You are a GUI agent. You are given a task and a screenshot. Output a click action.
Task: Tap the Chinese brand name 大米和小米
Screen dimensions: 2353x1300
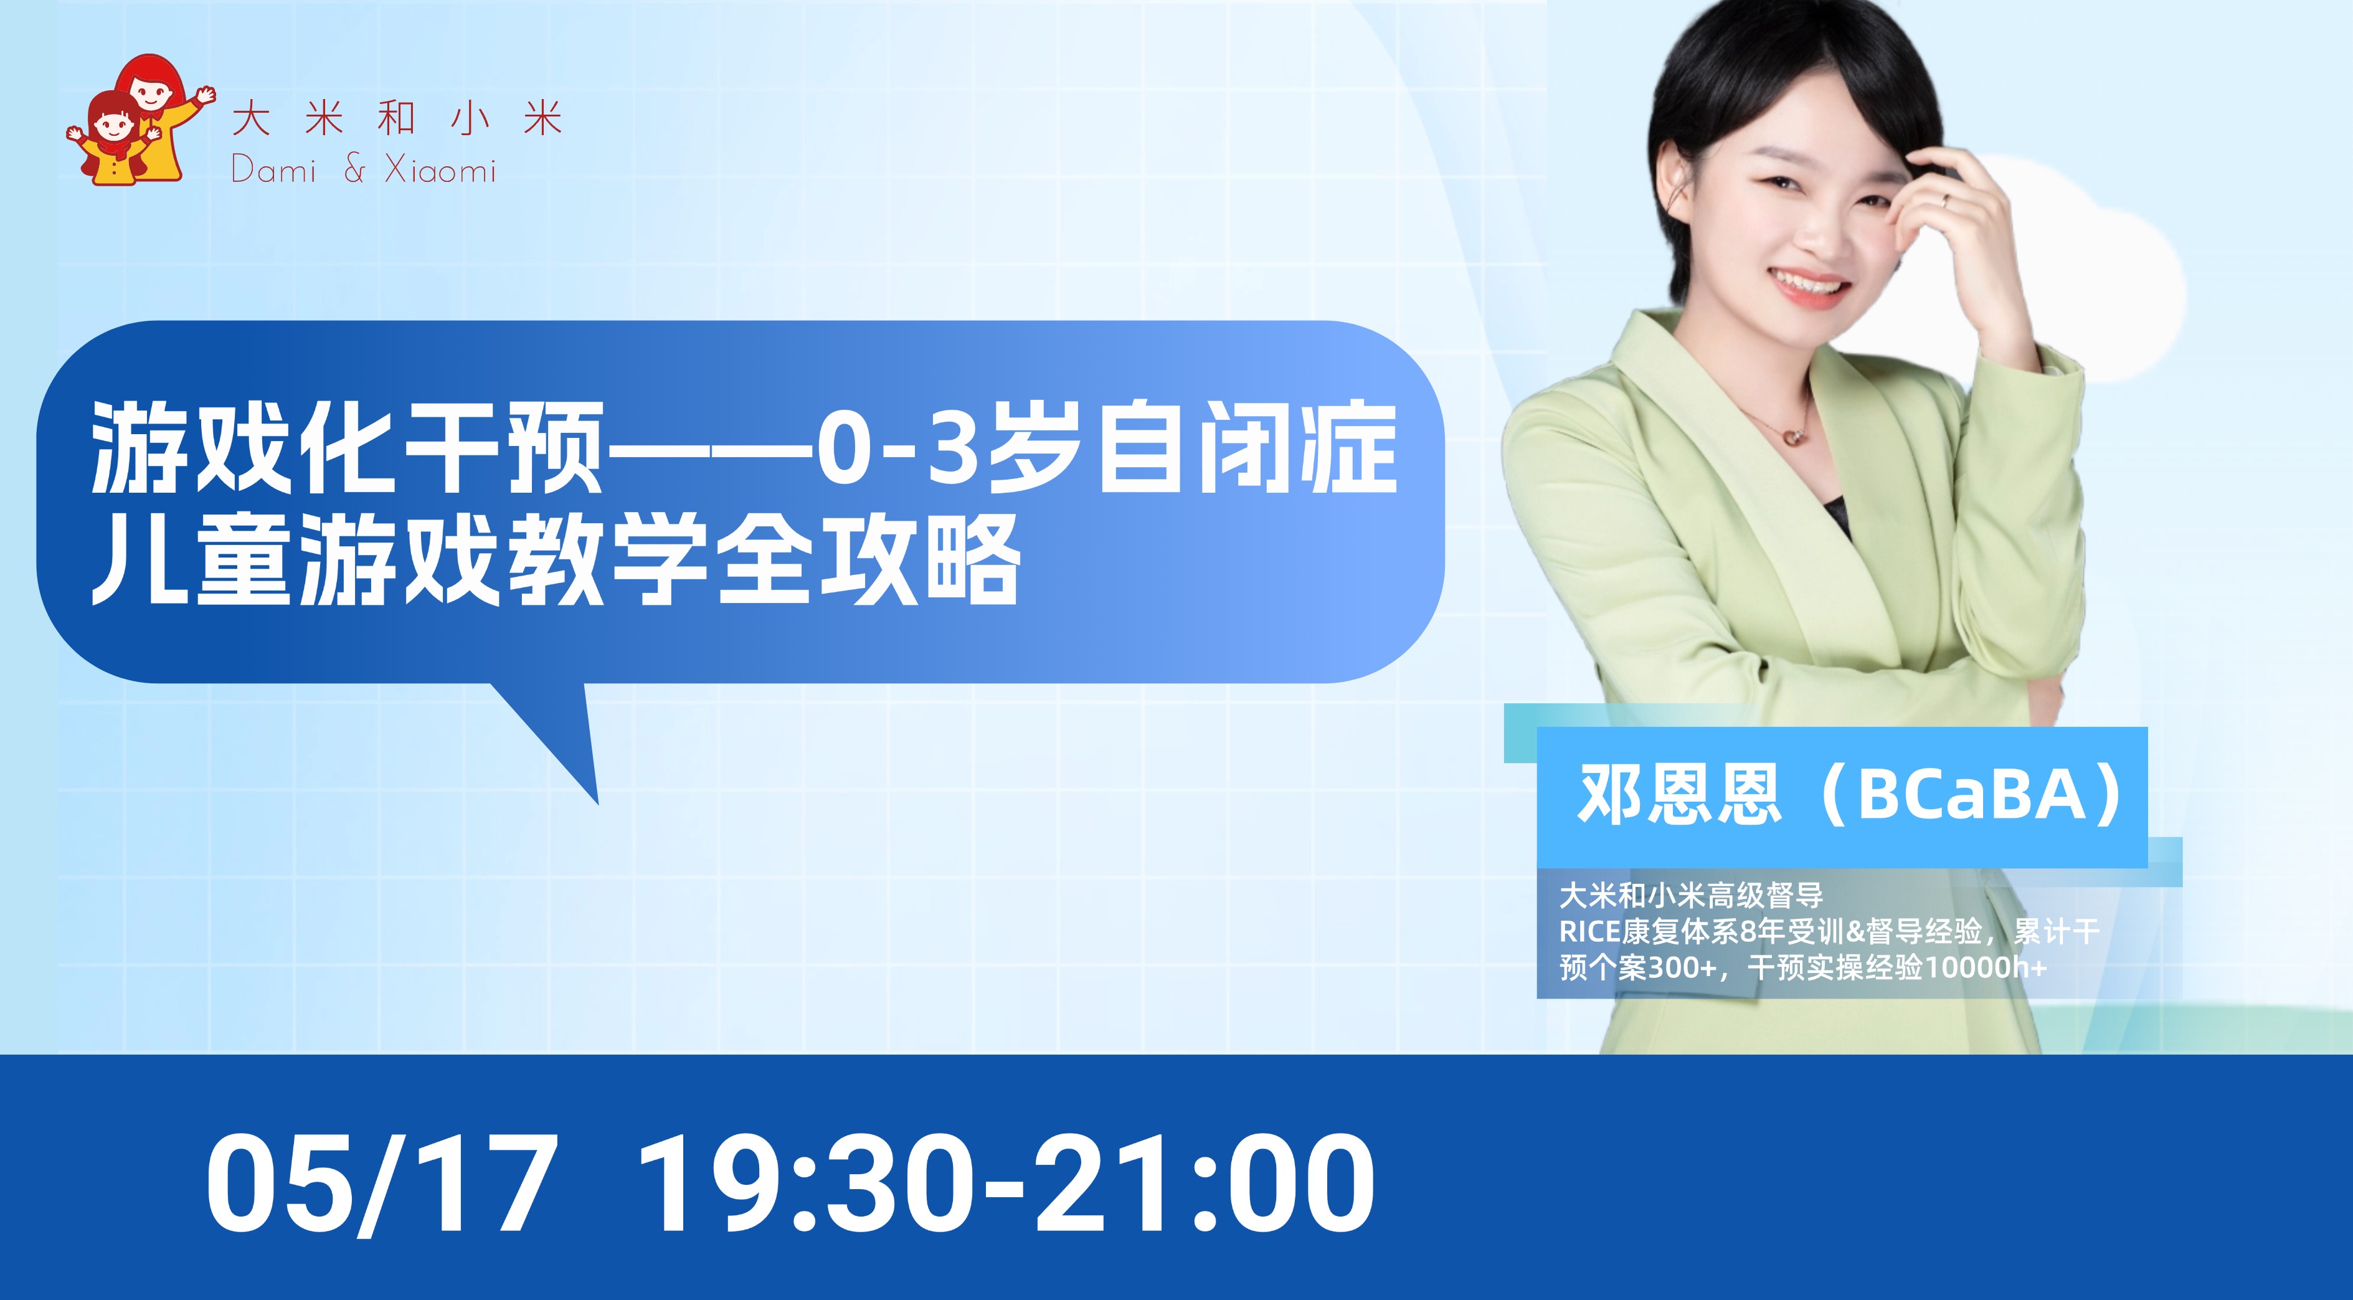coord(397,120)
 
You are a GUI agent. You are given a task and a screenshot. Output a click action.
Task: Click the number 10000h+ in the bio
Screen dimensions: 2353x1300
coord(1986,967)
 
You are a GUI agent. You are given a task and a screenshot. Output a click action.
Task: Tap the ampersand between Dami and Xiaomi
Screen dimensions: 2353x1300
coord(354,169)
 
